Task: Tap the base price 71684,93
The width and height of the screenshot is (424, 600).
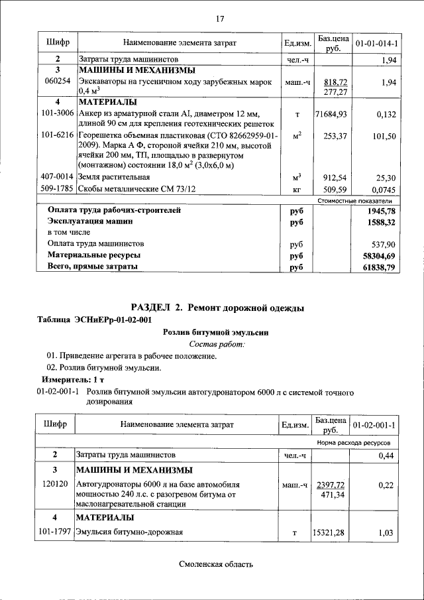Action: [331, 115]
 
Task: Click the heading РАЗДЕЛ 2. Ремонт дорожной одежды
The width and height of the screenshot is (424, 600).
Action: [218, 308]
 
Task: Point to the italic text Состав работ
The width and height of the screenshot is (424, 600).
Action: [217, 344]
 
